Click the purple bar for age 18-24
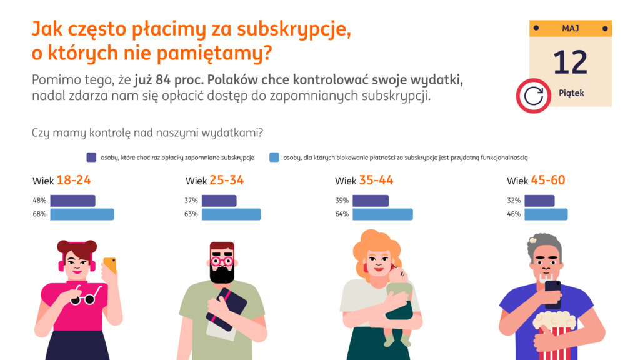[x=72, y=201]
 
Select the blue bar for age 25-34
[x=231, y=214]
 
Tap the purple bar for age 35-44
[x=370, y=201]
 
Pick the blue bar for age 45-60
[x=546, y=214]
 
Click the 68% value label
[x=39, y=214]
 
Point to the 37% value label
[x=191, y=201]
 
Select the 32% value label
[x=514, y=201]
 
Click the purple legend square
[x=92, y=157]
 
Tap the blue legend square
[x=274, y=157]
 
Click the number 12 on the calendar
[x=570, y=62]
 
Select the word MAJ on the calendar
[x=570, y=28]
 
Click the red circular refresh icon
[x=533, y=96]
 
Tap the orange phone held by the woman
[x=109, y=266]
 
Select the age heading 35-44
[x=376, y=181]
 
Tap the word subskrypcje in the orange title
[x=293, y=30]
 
